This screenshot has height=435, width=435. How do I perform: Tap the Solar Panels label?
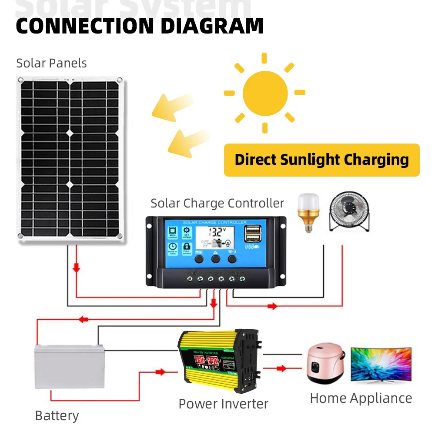(51, 63)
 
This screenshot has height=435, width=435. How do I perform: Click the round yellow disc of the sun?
(265, 93)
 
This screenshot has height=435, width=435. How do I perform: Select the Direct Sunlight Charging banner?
(321, 160)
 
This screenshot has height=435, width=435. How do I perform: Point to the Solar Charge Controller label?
(217, 203)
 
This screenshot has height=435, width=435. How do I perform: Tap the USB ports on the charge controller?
(251, 235)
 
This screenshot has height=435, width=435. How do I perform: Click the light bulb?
(308, 212)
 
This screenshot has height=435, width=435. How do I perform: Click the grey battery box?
(70, 365)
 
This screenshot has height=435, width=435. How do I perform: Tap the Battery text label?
(57, 415)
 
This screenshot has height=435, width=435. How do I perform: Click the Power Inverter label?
(223, 403)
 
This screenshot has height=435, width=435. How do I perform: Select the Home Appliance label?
(361, 398)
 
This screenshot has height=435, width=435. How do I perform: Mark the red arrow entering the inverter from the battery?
(161, 372)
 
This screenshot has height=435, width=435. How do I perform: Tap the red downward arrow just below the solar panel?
(77, 268)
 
